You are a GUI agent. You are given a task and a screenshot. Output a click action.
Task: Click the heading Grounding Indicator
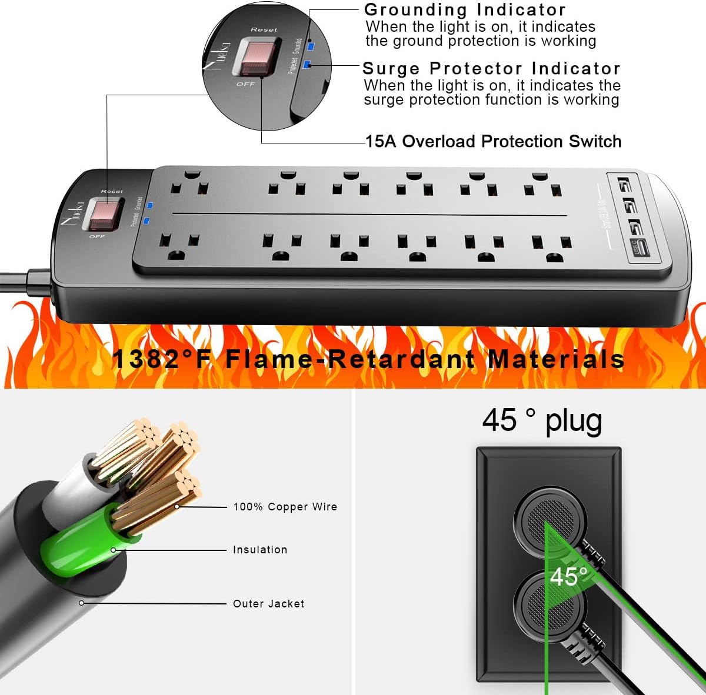tap(465, 10)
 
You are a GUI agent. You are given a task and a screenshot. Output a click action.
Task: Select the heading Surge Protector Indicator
tap(491, 68)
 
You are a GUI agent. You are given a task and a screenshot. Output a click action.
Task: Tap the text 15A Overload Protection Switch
tap(493, 142)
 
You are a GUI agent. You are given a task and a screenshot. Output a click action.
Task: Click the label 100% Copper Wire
tap(285, 507)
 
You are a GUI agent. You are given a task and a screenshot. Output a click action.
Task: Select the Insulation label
tap(260, 550)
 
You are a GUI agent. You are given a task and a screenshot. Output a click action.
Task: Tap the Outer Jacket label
tap(269, 604)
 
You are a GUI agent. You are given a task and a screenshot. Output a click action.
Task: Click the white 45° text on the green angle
tap(568, 577)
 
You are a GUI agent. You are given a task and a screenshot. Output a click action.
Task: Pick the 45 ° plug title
tap(542, 421)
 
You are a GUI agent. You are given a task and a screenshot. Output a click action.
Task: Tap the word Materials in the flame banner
tap(556, 359)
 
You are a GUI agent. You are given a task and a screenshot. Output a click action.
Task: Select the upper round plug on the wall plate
tap(551, 519)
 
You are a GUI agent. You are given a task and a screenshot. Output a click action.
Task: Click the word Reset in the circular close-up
tap(263, 29)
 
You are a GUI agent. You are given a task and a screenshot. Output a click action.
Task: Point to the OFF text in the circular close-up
tap(245, 84)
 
